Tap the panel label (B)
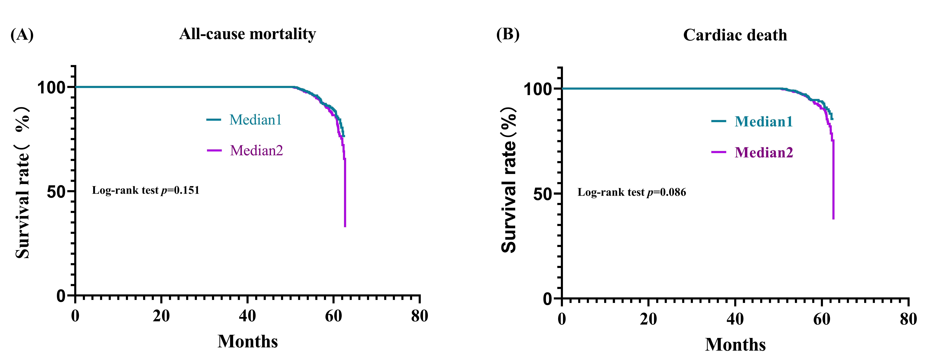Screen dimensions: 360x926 tap(508, 35)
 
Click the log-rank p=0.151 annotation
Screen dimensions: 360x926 tap(146, 190)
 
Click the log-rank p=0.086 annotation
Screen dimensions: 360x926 tap(632, 192)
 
